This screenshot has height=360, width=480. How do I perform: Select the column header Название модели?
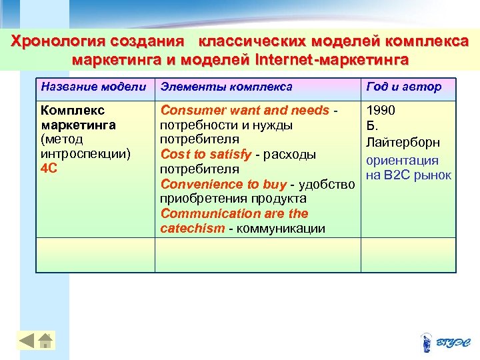click(93, 87)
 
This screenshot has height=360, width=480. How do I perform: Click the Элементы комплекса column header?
click(227, 87)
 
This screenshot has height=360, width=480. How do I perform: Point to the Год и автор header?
click(403, 87)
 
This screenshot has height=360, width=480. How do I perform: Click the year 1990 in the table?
click(381, 110)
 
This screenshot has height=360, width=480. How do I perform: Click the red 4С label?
click(49, 169)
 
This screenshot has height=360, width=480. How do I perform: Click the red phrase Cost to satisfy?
click(206, 155)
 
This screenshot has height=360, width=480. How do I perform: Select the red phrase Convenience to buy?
click(223, 184)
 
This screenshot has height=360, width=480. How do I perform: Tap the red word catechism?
click(192, 228)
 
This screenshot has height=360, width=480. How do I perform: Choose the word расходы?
click(288, 155)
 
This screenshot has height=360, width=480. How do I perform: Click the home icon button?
click(46, 341)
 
